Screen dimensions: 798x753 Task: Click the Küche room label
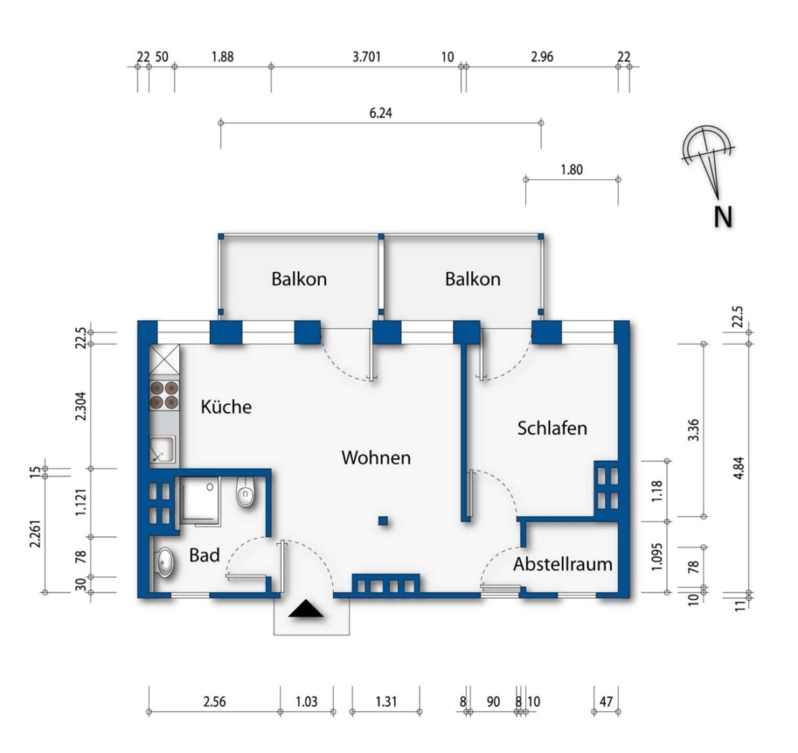click(226, 407)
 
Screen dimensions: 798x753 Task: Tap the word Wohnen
click(376, 457)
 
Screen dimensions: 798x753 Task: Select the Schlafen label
click(552, 428)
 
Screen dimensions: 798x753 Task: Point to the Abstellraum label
click(562, 564)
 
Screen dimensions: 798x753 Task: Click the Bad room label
click(205, 555)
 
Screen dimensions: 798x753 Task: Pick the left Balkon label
click(299, 279)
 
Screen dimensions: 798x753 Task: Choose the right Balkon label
click(473, 279)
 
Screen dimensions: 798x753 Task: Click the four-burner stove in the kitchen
click(164, 395)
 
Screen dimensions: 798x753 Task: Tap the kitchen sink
click(163, 449)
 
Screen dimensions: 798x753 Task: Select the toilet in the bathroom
click(246, 492)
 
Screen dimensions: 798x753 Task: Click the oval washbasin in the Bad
click(164, 562)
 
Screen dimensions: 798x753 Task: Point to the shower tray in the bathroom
click(199, 500)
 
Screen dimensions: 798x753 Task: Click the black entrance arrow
click(306, 608)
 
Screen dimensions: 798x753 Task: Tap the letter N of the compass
click(723, 217)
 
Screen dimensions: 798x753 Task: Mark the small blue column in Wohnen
click(384, 521)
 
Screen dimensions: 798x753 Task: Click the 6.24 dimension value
click(380, 113)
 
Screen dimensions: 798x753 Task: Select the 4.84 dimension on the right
click(739, 468)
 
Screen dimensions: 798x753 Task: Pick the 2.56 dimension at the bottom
click(215, 702)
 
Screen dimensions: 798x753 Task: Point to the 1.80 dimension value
click(572, 170)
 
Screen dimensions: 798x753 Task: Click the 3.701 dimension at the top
click(366, 57)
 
